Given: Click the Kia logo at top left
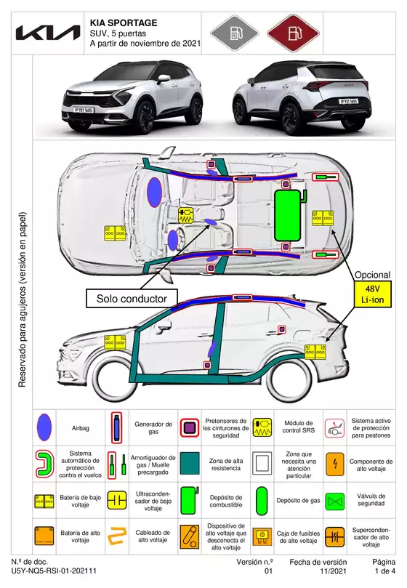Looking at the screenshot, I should [48, 33].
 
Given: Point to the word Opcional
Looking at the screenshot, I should [372, 275].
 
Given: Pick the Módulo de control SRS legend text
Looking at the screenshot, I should [297, 427].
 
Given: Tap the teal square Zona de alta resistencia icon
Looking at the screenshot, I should [190, 462].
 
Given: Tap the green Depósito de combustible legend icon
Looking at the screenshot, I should [190, 500].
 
